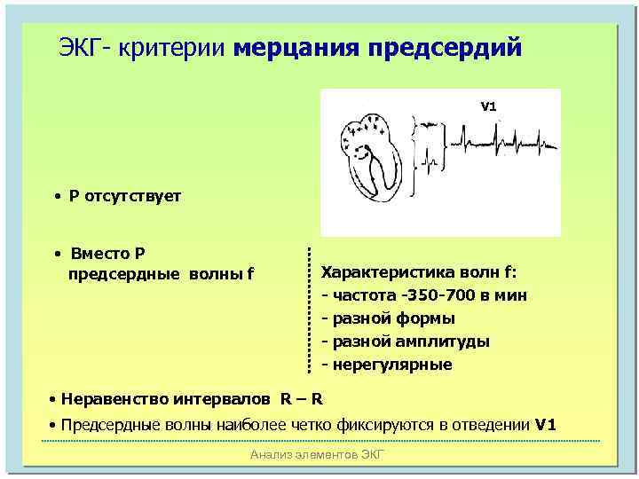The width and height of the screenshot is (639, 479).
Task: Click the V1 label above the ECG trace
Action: pyautogui.click(x=488, y=106)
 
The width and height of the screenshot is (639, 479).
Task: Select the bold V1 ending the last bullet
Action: pyautogui.click(x=547, y=425)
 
